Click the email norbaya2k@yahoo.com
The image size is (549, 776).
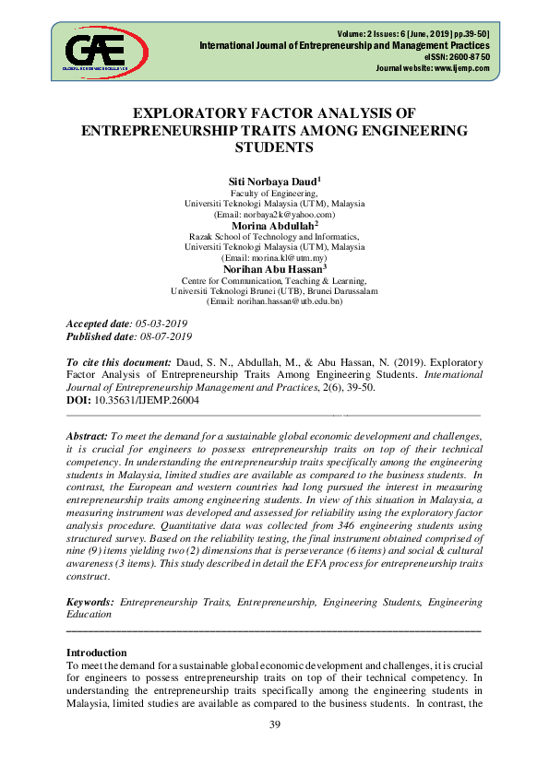(x=275, y=214)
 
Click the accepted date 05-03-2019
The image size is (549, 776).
(x=162, y=324)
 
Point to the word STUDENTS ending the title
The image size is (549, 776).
(x=274, y=147)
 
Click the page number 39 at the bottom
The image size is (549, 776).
(x=274, y=724)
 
